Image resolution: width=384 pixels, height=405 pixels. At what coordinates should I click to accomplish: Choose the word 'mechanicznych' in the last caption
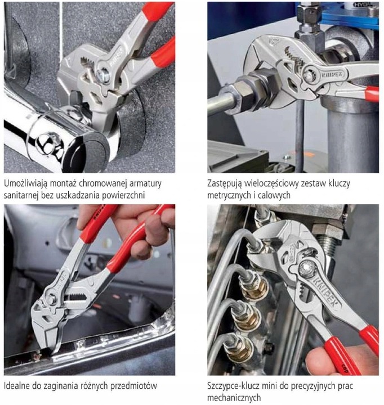pos(235,398)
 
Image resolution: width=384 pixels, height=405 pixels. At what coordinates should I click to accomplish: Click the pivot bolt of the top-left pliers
pos(103,72)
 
